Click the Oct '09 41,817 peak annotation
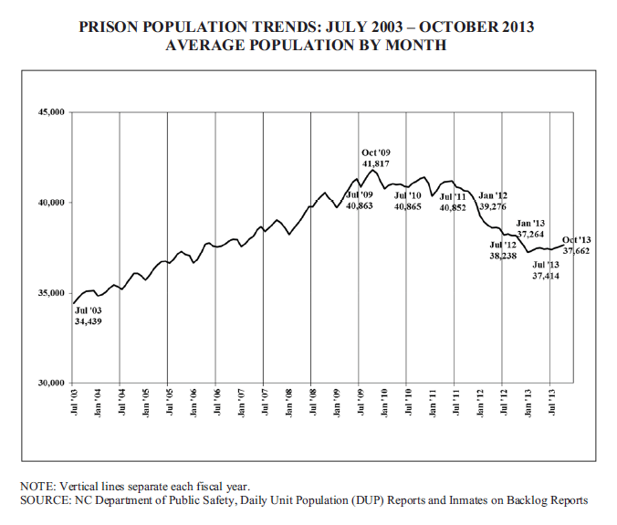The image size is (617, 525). (x=375, y=157)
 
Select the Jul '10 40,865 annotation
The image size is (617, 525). (x=407, y=202)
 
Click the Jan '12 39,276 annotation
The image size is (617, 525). (x=493, y=201)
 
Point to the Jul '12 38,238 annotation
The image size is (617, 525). (x=503, y=250)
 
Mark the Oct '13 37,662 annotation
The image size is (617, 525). (x=577, y=245)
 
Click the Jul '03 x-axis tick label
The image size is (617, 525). (x=73, y=400)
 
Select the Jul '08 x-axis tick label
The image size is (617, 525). (x=311, y=400)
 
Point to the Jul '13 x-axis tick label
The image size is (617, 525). (x=549, y=400)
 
